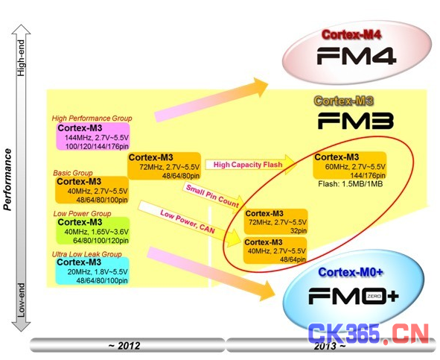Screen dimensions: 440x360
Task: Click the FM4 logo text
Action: pos(357,56)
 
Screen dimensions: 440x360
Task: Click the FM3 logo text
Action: pos(356,121)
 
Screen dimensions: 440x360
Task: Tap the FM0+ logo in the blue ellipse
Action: pos(354,296)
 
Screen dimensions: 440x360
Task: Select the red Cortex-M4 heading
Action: pos(351,34)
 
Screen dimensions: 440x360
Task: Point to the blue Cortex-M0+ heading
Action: pos(351,272)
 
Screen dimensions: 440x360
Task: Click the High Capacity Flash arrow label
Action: pos(248,165)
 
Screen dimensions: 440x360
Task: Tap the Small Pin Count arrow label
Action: pos(212,196)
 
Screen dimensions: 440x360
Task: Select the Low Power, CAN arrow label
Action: pos(187,221)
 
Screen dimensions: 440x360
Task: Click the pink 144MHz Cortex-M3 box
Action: pos(93,136)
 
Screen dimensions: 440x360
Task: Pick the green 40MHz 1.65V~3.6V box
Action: pos(93,231)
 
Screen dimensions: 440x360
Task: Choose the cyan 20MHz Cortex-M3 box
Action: pos(92,271)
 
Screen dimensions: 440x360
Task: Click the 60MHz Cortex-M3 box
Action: pos(350,165)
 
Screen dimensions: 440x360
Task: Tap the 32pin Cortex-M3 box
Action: pos(276,221)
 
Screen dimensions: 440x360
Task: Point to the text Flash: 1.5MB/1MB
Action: pos(351,184)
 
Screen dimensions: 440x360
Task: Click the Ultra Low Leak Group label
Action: pos(86,254)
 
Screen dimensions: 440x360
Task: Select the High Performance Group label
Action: pos(92,119)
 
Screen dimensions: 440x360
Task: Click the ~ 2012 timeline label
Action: pos(124,345)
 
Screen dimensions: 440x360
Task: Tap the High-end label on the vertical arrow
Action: pos(21,57)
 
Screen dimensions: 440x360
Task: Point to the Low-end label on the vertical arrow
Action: pos(21,300)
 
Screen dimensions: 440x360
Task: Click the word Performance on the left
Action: pos(7,180)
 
